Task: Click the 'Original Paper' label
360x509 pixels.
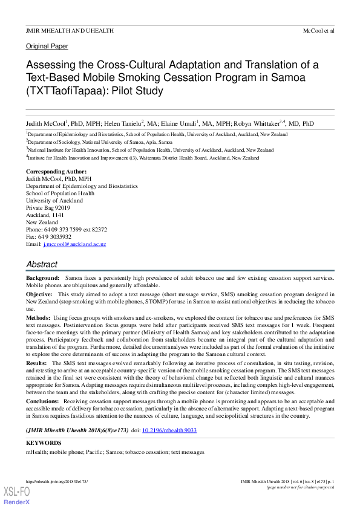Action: tap(47, 46)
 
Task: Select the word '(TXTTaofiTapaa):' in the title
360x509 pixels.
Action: tap(64, 91)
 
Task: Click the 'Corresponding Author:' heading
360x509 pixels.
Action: tap(53, 172)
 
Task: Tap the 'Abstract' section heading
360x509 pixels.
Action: tap(42, 264)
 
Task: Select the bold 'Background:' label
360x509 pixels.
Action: tap(42, 277)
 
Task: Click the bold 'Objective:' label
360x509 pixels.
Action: tap(39, 294)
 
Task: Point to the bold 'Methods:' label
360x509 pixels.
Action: tap(38, 317)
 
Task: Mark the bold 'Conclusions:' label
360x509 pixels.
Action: tap(42, 401)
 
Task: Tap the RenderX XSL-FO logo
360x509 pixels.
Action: tap(16, 496)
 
